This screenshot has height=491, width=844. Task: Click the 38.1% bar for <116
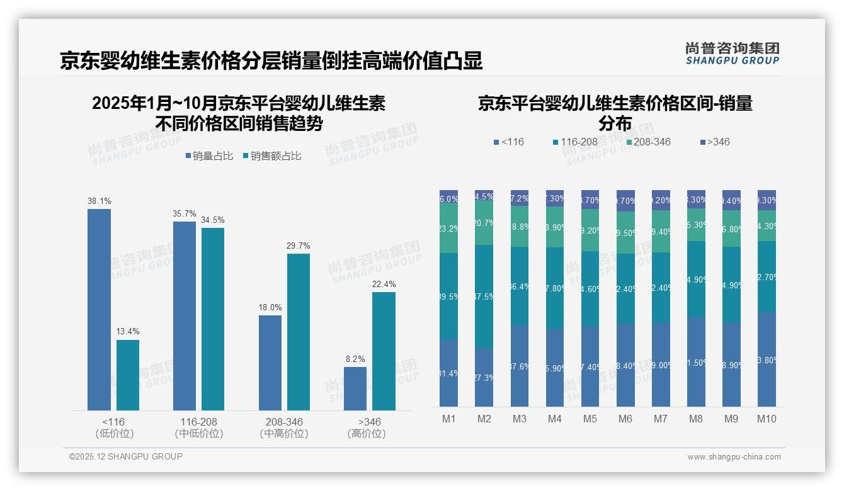click(99, 310)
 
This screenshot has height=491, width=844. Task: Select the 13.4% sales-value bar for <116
click(128, 375)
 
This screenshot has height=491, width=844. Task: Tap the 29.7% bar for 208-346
click(299, 332)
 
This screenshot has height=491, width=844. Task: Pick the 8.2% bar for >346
click(355, 388)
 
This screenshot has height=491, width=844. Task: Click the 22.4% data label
click(384, 285)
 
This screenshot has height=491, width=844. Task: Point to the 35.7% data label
click(185, 214)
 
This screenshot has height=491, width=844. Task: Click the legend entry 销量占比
click(210, 156)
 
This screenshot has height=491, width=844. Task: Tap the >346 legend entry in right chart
click(715, 142)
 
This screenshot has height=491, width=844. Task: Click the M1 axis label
click(448, 419)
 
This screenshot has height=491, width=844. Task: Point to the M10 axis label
click(767, 419)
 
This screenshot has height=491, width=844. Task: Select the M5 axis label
click(590, 419)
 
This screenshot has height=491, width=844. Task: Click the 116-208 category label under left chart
click(198, 422)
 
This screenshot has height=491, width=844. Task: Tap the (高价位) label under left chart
click(366, 434)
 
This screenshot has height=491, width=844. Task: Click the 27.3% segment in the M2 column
click(484, 377)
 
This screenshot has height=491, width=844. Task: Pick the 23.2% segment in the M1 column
click(448, 228)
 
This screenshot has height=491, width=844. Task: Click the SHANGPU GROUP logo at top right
click(732, 54)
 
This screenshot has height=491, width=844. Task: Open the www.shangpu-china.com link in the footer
click(734, 457)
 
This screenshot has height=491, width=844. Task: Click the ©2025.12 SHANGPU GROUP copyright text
click(126, 456)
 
